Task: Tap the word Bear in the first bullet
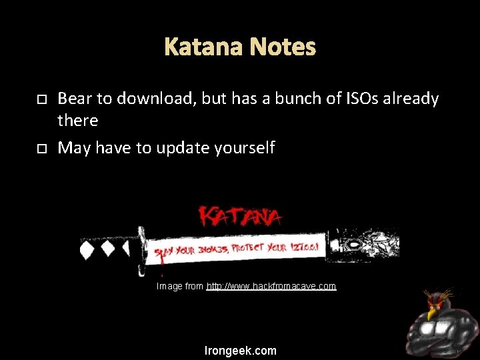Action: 75,99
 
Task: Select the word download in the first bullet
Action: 149,99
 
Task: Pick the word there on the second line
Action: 78,121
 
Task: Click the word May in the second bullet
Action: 74,148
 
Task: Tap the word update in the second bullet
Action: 181,148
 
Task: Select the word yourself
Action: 243,148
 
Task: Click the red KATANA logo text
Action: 241,216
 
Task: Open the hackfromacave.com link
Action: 271,286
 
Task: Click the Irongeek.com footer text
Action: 241,351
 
